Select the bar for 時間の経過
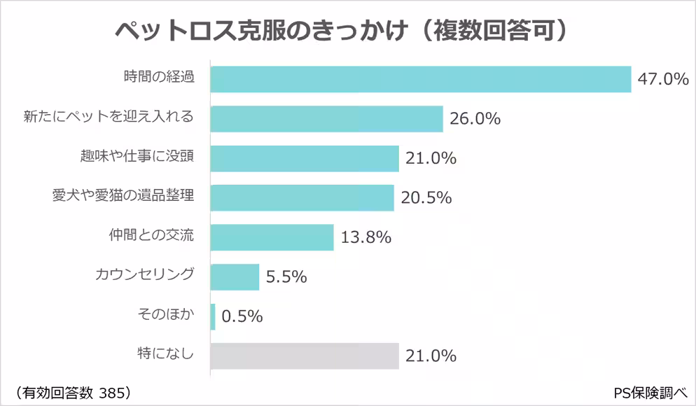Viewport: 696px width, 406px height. pos(420,79)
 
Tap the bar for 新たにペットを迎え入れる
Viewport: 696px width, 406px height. pos(326,119)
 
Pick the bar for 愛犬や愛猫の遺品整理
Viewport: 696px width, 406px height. pos(302,198)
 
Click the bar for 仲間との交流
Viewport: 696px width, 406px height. pos(272,237)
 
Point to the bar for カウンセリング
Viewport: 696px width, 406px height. pos(235,276)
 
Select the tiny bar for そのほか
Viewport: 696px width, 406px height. pos(213,316)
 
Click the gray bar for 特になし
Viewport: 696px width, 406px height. pos(304,356)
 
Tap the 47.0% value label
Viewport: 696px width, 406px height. pos(663,79)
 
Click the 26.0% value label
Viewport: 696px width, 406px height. pos(475,119)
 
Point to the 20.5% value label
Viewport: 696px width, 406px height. pos(426,198)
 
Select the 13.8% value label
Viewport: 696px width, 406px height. pos(366,237)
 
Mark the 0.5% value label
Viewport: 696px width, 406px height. pos(242,316)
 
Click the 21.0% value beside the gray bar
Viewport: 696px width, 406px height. pos(431,356)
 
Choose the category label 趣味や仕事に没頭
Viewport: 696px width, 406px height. pos(137,157)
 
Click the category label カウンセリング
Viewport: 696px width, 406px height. pos(144,274)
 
